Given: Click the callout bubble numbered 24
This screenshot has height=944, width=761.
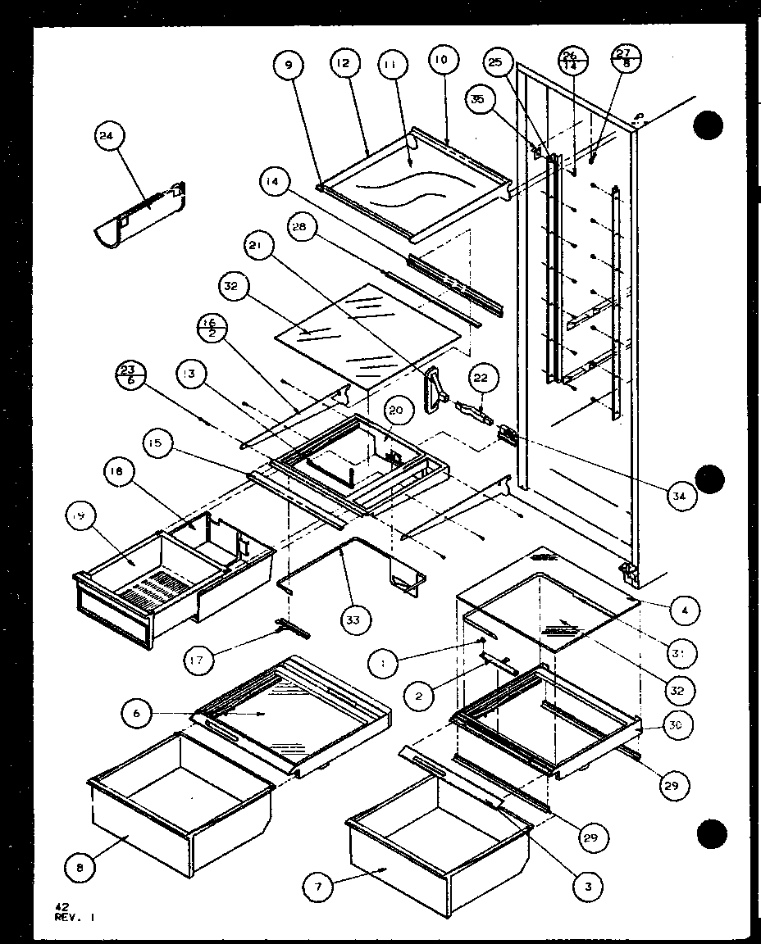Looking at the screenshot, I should point(107,139).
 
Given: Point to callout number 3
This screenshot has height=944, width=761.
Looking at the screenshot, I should point(589,885).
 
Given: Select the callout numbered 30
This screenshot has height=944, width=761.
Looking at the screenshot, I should point(680,726).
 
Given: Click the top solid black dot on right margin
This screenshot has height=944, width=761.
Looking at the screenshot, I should point(709,127).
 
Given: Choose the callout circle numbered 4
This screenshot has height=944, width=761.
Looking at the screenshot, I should point(682,610).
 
